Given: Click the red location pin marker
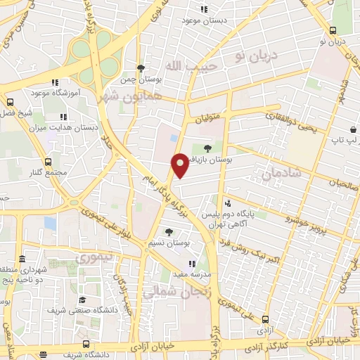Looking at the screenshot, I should [x=180, y=165].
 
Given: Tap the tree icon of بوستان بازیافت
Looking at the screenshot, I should [x=207, y=148].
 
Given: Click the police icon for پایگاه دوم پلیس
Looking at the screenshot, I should [x=227, y=203].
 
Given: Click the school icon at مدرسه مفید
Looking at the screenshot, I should [x=193, y=264].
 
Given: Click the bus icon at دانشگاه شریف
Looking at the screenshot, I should [x=85, y=344].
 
